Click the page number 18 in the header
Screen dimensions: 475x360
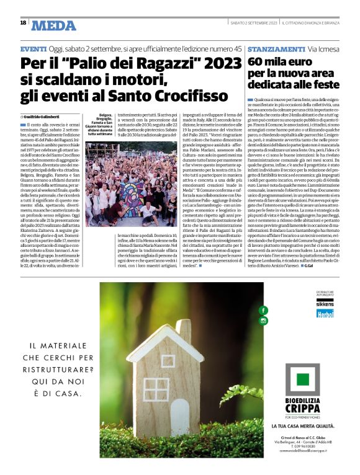pos(23,22)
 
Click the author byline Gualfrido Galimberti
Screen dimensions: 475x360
pos(43,116)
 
